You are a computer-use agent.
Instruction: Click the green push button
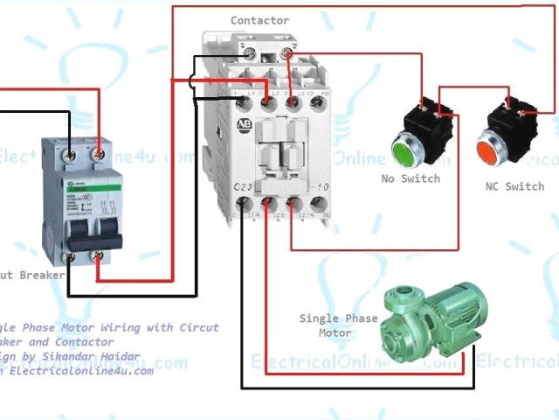coord(401,150)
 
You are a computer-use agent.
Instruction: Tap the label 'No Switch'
coord(411,178)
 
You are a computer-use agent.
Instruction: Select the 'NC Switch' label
coord(514,186)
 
